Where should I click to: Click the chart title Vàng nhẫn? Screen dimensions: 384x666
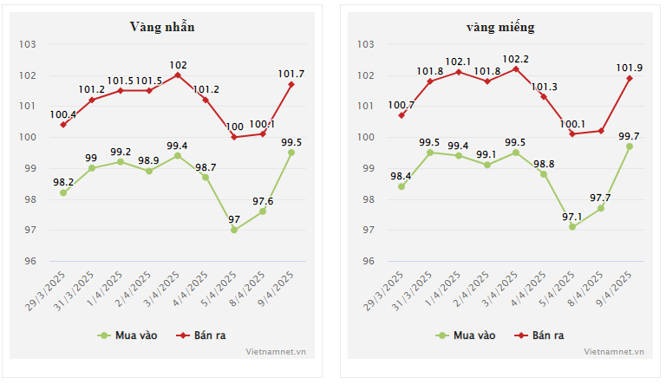click(162, 27)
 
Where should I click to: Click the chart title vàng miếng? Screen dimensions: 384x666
click(500, 27)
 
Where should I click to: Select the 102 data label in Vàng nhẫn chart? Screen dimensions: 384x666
click(178, 65)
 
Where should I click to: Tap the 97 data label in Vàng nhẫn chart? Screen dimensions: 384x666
click(235, 220)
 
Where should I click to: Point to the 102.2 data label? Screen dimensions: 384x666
click(516, 59)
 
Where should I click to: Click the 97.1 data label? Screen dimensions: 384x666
click(572, 217)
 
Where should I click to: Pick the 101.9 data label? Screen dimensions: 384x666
click(630, 68)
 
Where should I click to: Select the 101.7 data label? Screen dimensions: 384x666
click(291, 74)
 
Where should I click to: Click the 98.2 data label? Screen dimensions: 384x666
click(63, 183)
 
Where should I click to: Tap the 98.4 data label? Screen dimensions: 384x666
click(402, 177)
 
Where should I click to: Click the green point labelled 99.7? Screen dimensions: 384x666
click(630, 146)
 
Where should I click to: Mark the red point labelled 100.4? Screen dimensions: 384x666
click(63, 125)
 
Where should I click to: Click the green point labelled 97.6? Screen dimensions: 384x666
click(263, 212)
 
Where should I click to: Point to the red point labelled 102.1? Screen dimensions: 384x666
click(459, 71)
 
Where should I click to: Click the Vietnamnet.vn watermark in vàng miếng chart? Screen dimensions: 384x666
click(614, 352)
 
